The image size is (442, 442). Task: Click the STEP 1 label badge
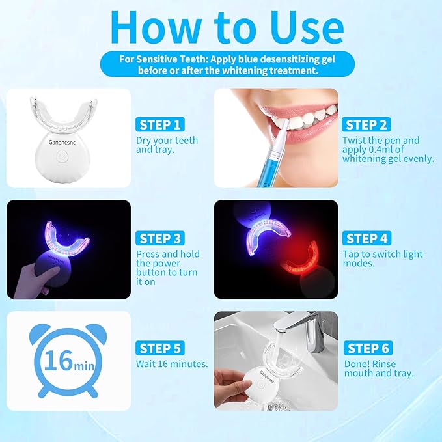tap(160, 125)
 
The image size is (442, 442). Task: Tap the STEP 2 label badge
tap(367, 125)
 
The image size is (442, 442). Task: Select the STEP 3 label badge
tap(160, 239)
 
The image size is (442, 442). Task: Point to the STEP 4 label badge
tap(367, 239)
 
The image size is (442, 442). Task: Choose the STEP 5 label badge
tap(160, 348)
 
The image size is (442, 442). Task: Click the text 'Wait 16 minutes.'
tap(172, 364)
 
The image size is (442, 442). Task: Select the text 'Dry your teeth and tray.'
tap(167, 145)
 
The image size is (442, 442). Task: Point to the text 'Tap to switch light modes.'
tap(383, 258)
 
